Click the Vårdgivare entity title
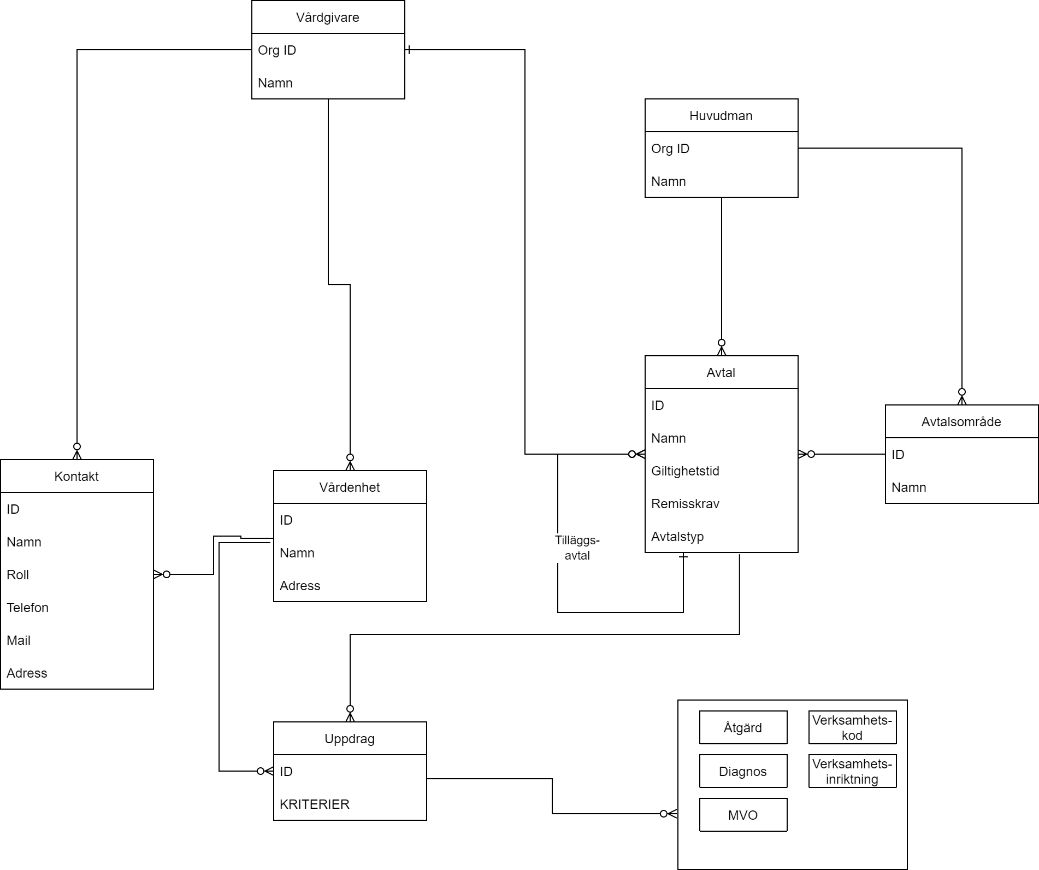click(328, 17)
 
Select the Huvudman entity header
click(721, 116)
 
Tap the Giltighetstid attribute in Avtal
click(685, 471)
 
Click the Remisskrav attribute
click(685, 504)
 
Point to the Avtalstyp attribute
click(677, 537)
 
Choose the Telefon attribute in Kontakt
click(28, 608)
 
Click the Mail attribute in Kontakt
click(19, 640)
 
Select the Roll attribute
click(18, 575)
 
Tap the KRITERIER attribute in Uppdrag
click(315, 804)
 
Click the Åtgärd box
click(743, 728)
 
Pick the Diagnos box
click(743, 772)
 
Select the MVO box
click(743, 815)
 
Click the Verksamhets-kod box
click(852, 728)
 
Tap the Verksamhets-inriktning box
click(852, 772)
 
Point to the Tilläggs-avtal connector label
click(577, 548)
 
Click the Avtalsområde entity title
click(961, 422)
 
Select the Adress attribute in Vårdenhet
click(300, 586)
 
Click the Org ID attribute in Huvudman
click(670, 149)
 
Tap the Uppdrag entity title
click(350, 739)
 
